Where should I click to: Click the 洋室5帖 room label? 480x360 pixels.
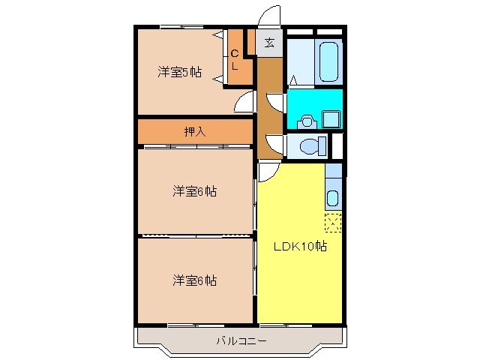[179, 72]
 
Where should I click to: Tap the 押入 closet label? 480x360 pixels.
[195, 131]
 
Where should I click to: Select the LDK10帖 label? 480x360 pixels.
[299, 246]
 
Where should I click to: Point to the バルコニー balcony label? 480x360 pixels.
[240, 340]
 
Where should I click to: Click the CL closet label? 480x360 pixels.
[234, 59]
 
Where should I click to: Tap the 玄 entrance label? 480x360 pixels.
[269, 43]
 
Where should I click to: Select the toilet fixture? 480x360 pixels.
[310, 145]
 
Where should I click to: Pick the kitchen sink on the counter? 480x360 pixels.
[334, 199]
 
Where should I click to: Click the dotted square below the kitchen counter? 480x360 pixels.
[333, 223]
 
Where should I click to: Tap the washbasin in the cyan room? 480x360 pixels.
[306, 119]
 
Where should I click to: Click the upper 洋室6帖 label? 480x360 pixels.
[195, 191]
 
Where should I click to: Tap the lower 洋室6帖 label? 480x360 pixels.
[195, 280]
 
